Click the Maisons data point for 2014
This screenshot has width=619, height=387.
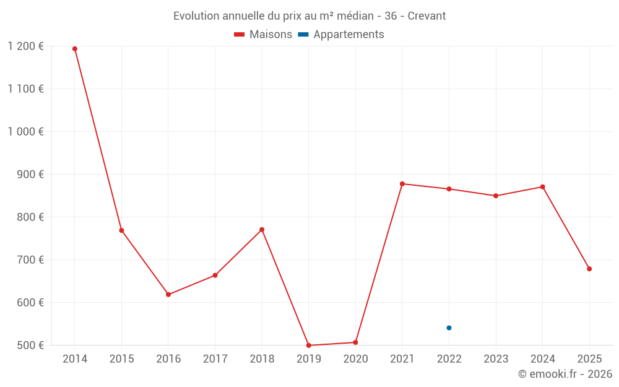(x=75, y=49)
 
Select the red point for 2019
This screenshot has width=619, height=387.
(x=309, y=346)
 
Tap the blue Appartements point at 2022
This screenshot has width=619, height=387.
(x=449, y=328)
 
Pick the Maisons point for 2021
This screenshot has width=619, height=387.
(x=402, y=184)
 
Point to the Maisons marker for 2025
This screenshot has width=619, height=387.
(x=589, y=269)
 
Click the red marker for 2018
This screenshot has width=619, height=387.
(x=262, y=230)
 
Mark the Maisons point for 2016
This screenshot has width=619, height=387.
(x=168, y=295)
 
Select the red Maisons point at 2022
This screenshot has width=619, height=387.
(x=449, y=189)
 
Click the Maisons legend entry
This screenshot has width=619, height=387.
(x=263, y=34)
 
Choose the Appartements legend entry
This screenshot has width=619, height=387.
(x=341, y=34)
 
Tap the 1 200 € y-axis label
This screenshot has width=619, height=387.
(x=25, y=46)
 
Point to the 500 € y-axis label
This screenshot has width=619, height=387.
(x=30, y=345)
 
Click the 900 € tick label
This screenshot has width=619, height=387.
(x=30, y=174)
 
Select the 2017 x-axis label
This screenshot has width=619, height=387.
(x=215, y=359)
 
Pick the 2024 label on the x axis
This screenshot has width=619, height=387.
(x=542, y=359)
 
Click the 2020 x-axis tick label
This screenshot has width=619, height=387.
(x=355, y=359)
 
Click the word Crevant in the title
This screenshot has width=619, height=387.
(x=426, y=16)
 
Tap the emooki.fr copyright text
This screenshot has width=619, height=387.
(x=565, y=374)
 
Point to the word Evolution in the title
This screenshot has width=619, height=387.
(x=196, y=16)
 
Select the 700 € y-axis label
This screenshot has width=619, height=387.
(x=30, y=260)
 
